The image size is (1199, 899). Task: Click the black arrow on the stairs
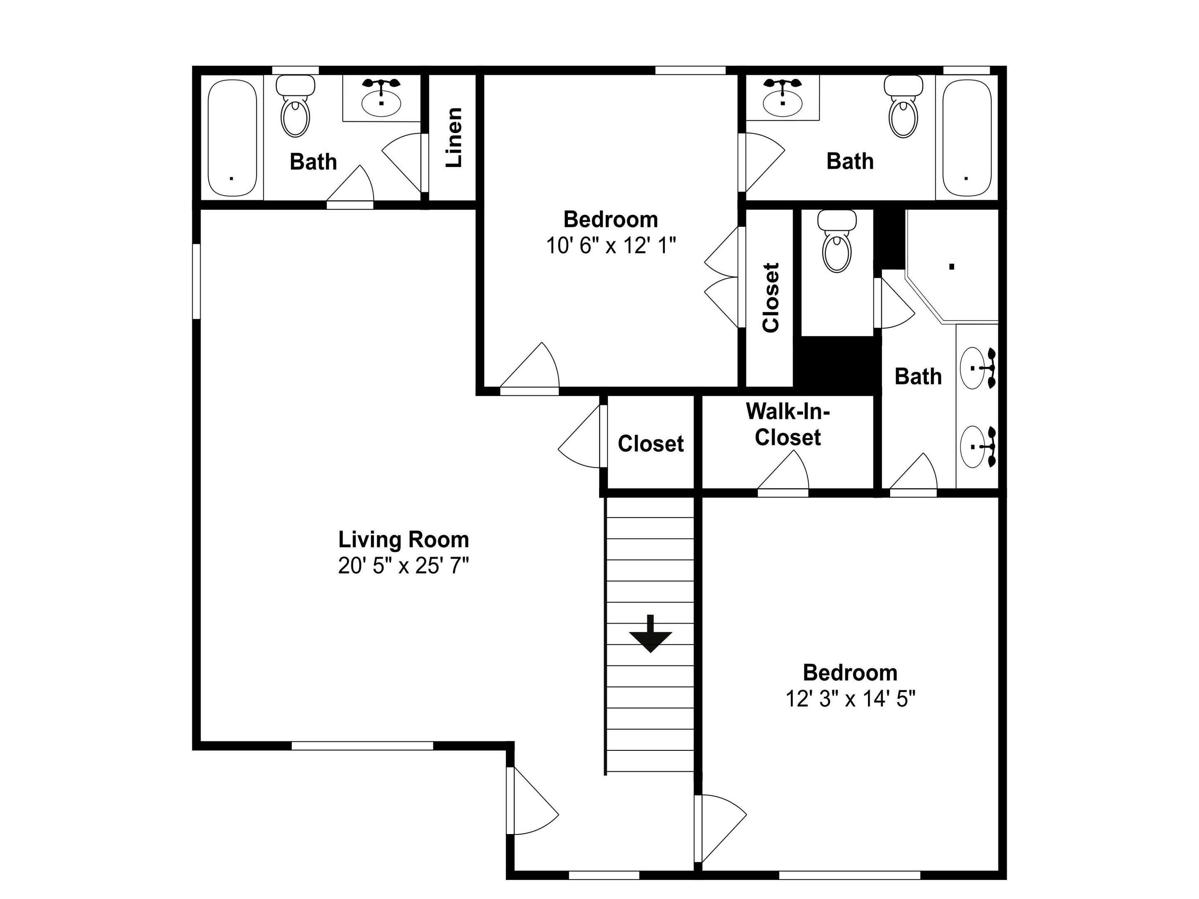tap(650, 633)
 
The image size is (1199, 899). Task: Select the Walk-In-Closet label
tap(788, 424)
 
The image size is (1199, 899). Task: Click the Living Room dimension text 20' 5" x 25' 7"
tap(403, 566)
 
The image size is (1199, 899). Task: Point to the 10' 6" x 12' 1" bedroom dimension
tap(611, 246)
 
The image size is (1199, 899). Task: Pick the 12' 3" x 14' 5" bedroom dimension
tap(851, 699)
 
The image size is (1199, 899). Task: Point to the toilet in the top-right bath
tap(903, 106)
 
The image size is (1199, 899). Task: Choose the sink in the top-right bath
tap(783, 99)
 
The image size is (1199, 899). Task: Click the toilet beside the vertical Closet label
tap(837, 241)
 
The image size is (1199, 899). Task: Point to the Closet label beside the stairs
tap(650, 444)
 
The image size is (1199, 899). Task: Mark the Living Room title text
tap(403, 540)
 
